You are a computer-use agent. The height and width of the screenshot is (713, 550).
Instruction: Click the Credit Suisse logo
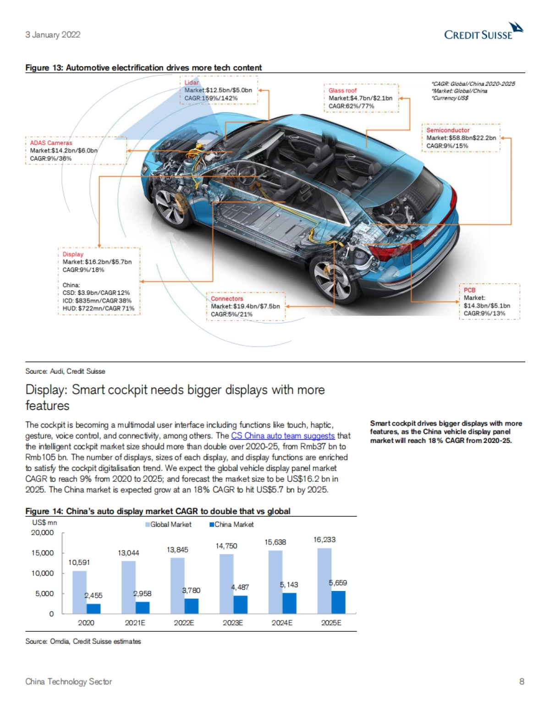click(484, 32)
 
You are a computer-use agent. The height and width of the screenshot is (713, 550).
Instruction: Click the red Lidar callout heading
click(192, 83)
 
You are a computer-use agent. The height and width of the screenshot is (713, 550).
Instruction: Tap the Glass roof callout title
click(342, 90)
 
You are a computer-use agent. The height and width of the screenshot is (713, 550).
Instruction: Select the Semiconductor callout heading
click(448, 130)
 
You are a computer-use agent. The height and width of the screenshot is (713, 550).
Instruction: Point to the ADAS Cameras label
click(51, 143)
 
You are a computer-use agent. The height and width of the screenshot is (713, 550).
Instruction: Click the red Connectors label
click(227, 298)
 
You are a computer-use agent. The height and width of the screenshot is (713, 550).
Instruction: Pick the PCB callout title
click(469, 290)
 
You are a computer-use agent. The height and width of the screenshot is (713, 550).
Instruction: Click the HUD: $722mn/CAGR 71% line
click(99, 308)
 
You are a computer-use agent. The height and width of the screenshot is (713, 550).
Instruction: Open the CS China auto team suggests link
click(283, 436)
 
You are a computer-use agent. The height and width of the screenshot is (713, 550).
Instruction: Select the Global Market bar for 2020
click(79, 592)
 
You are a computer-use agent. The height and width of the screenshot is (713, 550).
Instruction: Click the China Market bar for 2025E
click(338, 602)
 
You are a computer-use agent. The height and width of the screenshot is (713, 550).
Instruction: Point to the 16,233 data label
click(324, 540)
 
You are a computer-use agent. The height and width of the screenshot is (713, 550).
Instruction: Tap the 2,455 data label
click(93, 595)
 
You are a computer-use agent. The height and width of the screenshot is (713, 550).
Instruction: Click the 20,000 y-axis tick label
click(42, 533)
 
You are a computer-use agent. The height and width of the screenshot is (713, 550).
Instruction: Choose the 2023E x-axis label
click(233, 623)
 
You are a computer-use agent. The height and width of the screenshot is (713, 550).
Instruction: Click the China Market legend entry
click(231, 524)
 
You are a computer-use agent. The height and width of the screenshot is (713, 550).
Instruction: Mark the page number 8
click(522, 681)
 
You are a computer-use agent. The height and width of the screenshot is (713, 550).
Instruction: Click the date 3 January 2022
click(53, 34)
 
